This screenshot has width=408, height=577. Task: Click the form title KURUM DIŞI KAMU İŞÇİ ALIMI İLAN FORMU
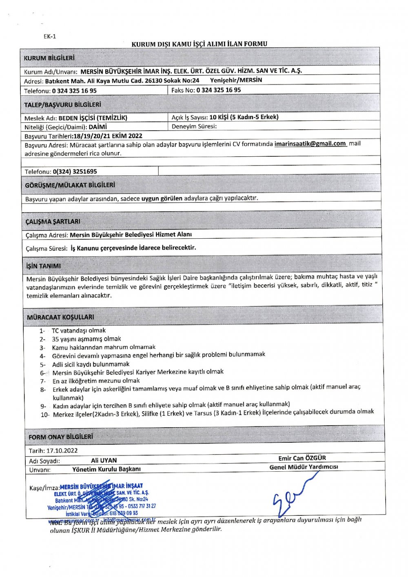199,44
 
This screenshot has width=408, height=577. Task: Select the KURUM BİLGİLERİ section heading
49,58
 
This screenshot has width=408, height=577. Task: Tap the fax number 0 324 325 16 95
218,90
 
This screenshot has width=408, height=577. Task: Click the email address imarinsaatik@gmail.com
310,144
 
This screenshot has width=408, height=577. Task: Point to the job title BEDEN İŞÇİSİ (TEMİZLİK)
93,118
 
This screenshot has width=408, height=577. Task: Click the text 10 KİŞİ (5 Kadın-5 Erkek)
244,117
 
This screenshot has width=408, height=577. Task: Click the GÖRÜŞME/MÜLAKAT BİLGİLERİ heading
70,185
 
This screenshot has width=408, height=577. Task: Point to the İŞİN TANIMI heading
43,266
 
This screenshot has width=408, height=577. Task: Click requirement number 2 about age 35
86,339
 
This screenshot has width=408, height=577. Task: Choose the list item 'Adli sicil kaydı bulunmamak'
91,364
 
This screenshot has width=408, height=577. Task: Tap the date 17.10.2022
62,451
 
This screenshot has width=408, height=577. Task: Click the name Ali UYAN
104,460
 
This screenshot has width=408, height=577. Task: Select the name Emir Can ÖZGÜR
302,458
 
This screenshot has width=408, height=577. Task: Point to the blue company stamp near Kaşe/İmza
102,500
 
